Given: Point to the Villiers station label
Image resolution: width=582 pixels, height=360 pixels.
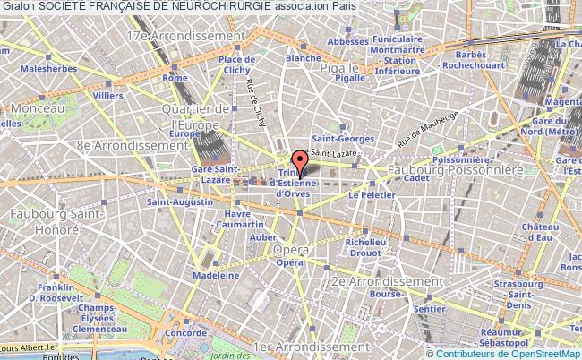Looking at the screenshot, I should coord(108,94).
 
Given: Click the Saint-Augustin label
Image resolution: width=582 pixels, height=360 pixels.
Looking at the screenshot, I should coord(172,202).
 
